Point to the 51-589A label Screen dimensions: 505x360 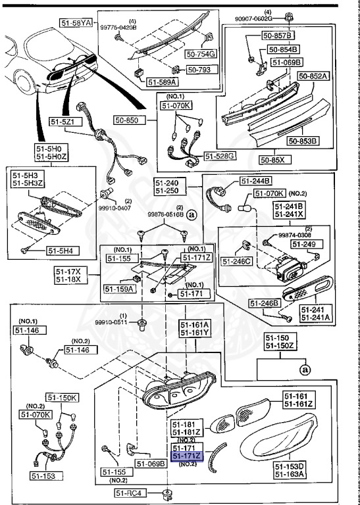161,83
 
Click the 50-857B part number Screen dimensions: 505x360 281,35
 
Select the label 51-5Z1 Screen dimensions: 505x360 64,121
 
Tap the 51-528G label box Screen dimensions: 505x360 220,156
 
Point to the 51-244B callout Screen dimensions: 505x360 257,181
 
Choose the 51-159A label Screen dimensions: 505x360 119,288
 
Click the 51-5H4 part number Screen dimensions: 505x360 61,251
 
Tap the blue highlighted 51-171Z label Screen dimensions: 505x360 188,456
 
